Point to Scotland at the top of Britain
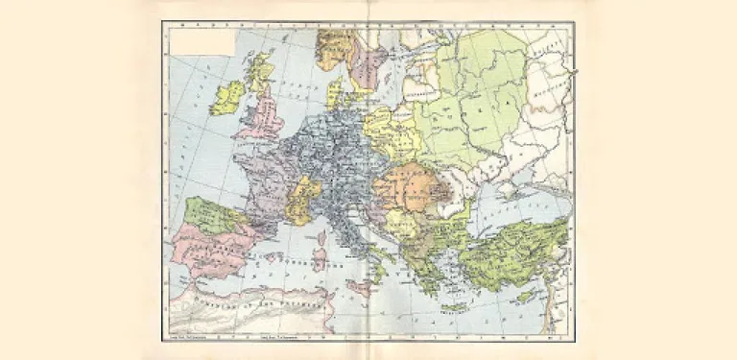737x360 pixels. [x=258, y=72]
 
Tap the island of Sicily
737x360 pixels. [x=360, y=287]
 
